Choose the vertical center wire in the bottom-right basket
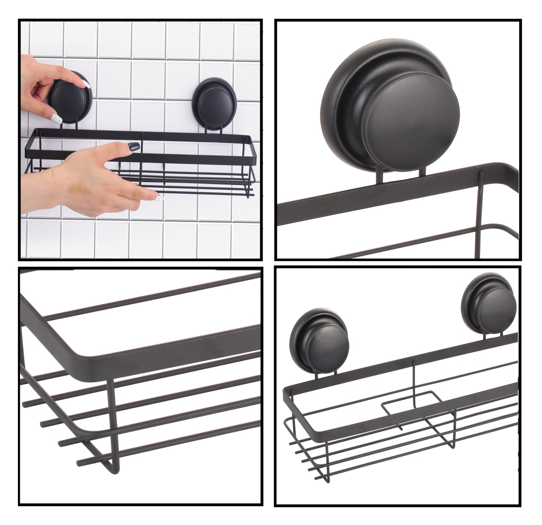[x=414, y=379]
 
